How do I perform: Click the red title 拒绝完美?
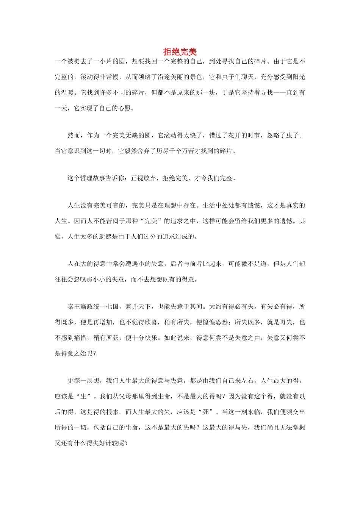tap(180, 52)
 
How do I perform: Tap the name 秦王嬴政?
tap(80, 306)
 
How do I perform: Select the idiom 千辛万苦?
tap(190, 151)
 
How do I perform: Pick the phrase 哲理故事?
tap(100, 178)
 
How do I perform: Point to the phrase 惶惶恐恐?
tap(215, 322)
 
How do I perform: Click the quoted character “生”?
tap(84, 397)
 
